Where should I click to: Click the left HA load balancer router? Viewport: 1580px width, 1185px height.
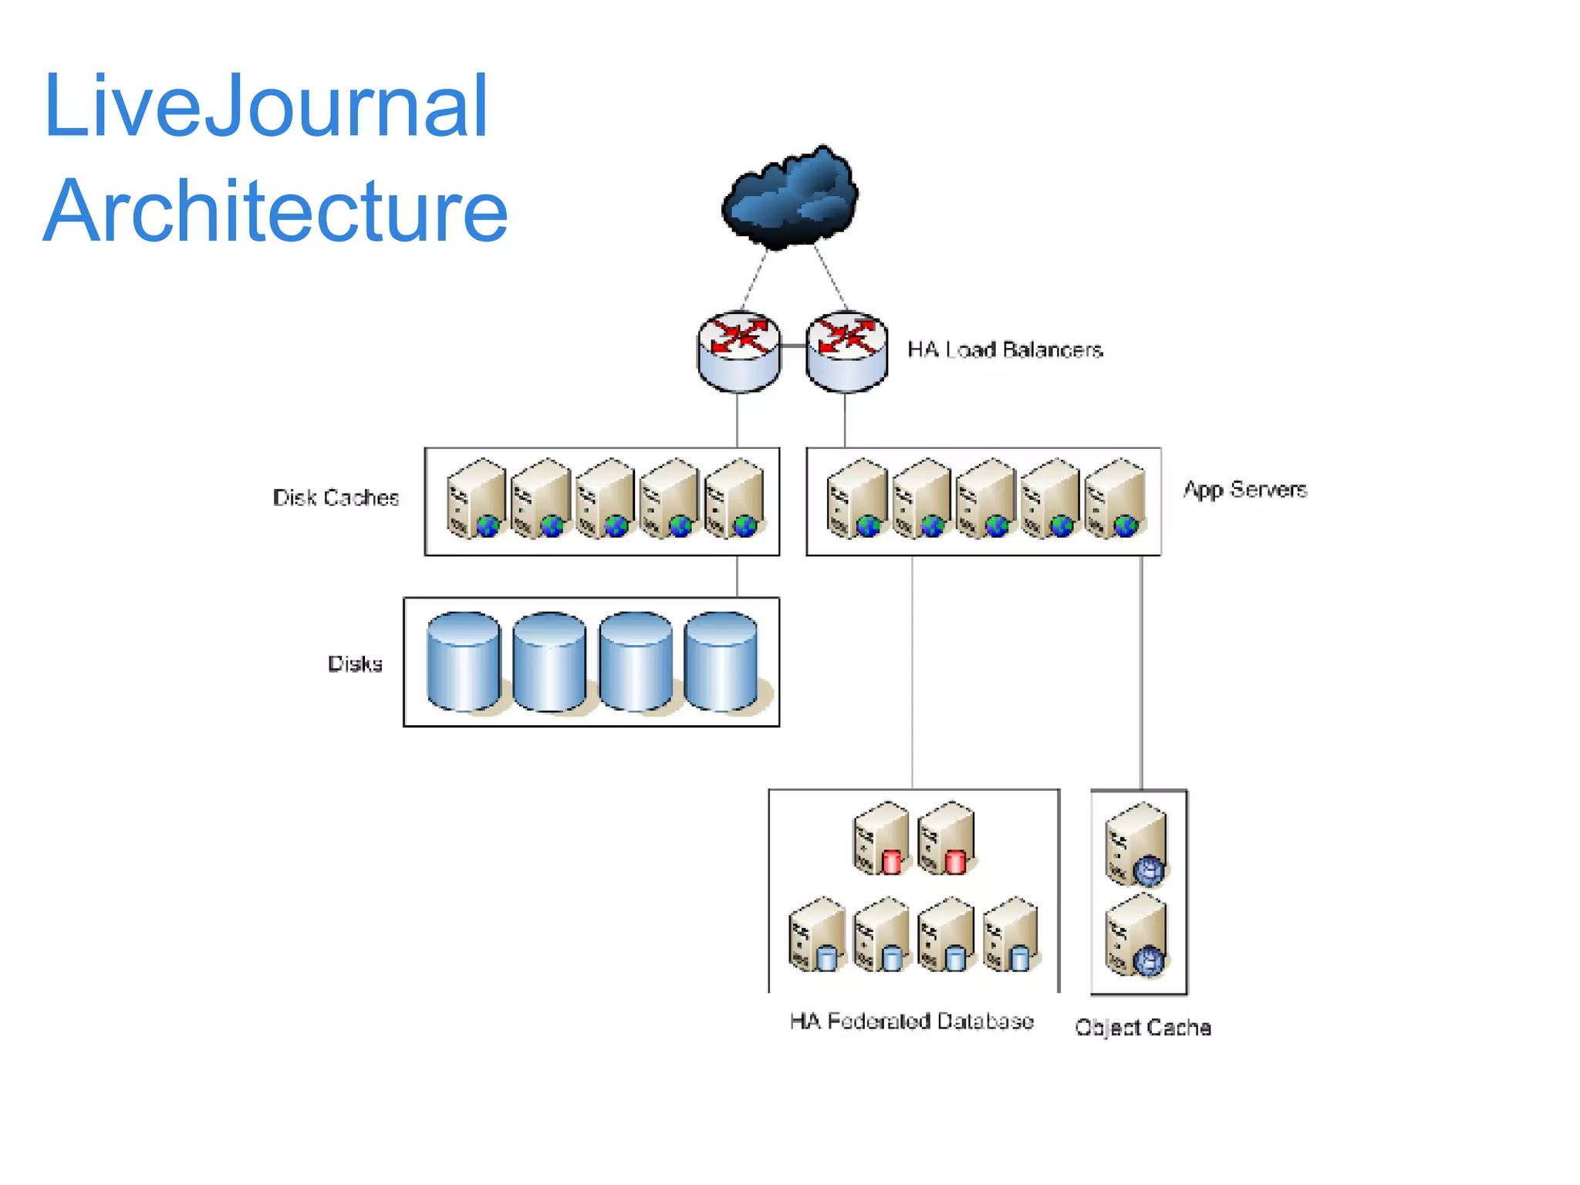click(738, 351)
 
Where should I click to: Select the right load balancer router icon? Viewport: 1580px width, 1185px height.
click(846, 351)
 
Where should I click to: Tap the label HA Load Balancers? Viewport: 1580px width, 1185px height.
click(1004, 349)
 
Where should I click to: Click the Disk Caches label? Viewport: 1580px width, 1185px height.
click(336, 498)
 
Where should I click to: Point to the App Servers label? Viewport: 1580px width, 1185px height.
click(1244, 489)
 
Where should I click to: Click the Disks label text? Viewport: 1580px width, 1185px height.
click(355, 663)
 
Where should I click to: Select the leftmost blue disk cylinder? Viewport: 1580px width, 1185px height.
click(463, 661)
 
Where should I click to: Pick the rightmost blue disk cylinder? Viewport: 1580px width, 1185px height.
click(721, 661)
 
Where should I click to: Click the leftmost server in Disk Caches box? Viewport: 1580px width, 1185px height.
click(475, 498)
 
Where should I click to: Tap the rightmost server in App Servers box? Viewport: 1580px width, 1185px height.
click(1115, 498)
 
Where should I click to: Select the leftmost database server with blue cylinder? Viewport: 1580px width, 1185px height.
click(817, 934)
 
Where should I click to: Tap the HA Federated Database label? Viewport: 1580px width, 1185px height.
click(911, 1021)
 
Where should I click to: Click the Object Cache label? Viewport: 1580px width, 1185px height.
click(1143, 1028)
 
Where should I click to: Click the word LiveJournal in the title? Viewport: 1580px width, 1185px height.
click(265, 106)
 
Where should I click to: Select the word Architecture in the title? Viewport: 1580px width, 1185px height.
click(275, 211)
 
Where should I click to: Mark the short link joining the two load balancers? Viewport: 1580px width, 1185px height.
click(792, 346)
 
